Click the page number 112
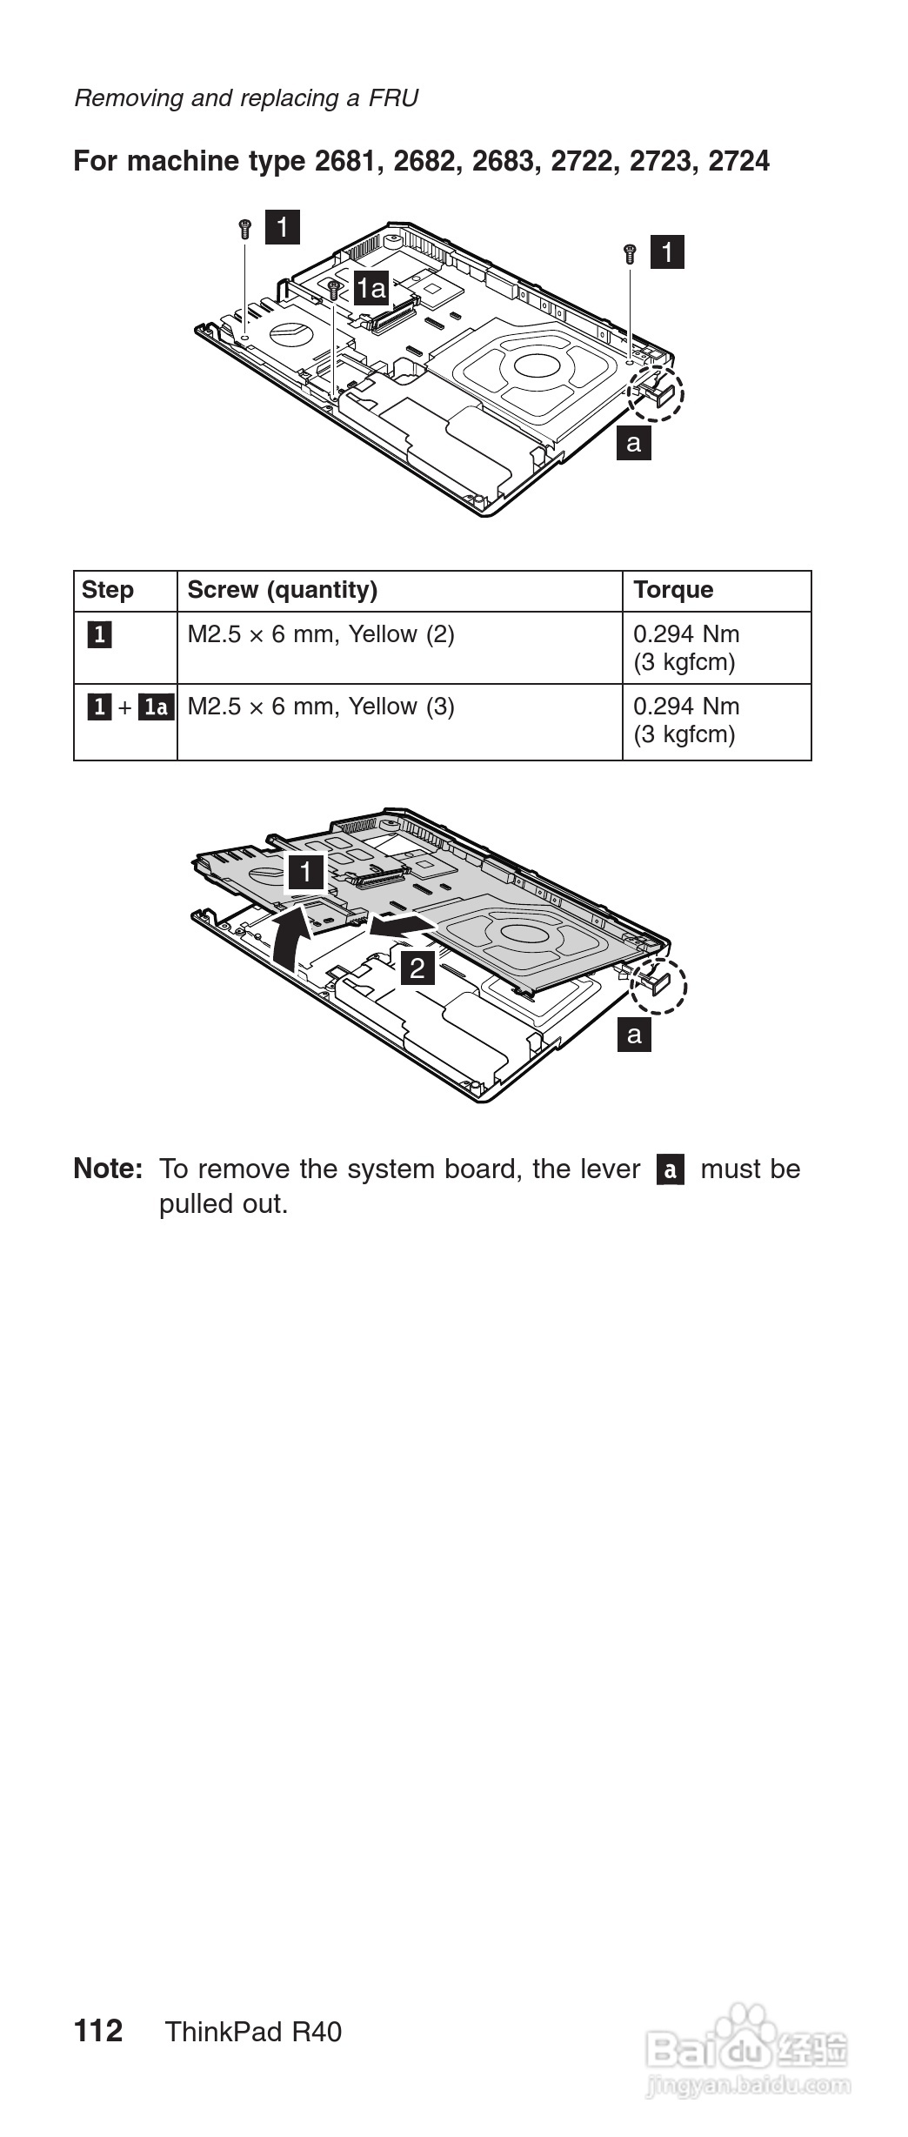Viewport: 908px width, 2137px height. [x=98, y=2032]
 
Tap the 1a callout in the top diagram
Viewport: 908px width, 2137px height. [x=371, y=287]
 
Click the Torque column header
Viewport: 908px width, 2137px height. [x=672, y=590]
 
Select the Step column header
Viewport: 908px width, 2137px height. [x=108, y=590]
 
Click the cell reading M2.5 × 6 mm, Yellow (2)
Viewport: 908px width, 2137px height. [x=321, y=634]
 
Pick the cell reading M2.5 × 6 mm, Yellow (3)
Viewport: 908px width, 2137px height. [x=321, y=707]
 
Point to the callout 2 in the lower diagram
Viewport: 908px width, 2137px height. [x=417, y=967]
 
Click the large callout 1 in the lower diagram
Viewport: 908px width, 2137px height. [x=306, y=873]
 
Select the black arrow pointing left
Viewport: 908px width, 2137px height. [x=402, y=924]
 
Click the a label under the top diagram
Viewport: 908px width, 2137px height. [x=634, y=443]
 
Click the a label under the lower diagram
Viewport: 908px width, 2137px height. [x=634, y=1035]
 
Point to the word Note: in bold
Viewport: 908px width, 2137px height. [x=108, y=1169]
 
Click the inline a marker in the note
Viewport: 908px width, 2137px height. [x=670, y=1169]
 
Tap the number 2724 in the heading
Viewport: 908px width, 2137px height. [x=738, y=161]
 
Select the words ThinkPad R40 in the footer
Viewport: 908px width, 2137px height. [x=253, y=2033]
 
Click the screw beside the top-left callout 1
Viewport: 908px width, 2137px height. [x=244, y=229]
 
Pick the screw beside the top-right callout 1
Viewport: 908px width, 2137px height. [x=631, y=254]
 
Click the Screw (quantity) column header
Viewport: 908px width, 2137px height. [x=283, y=590]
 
